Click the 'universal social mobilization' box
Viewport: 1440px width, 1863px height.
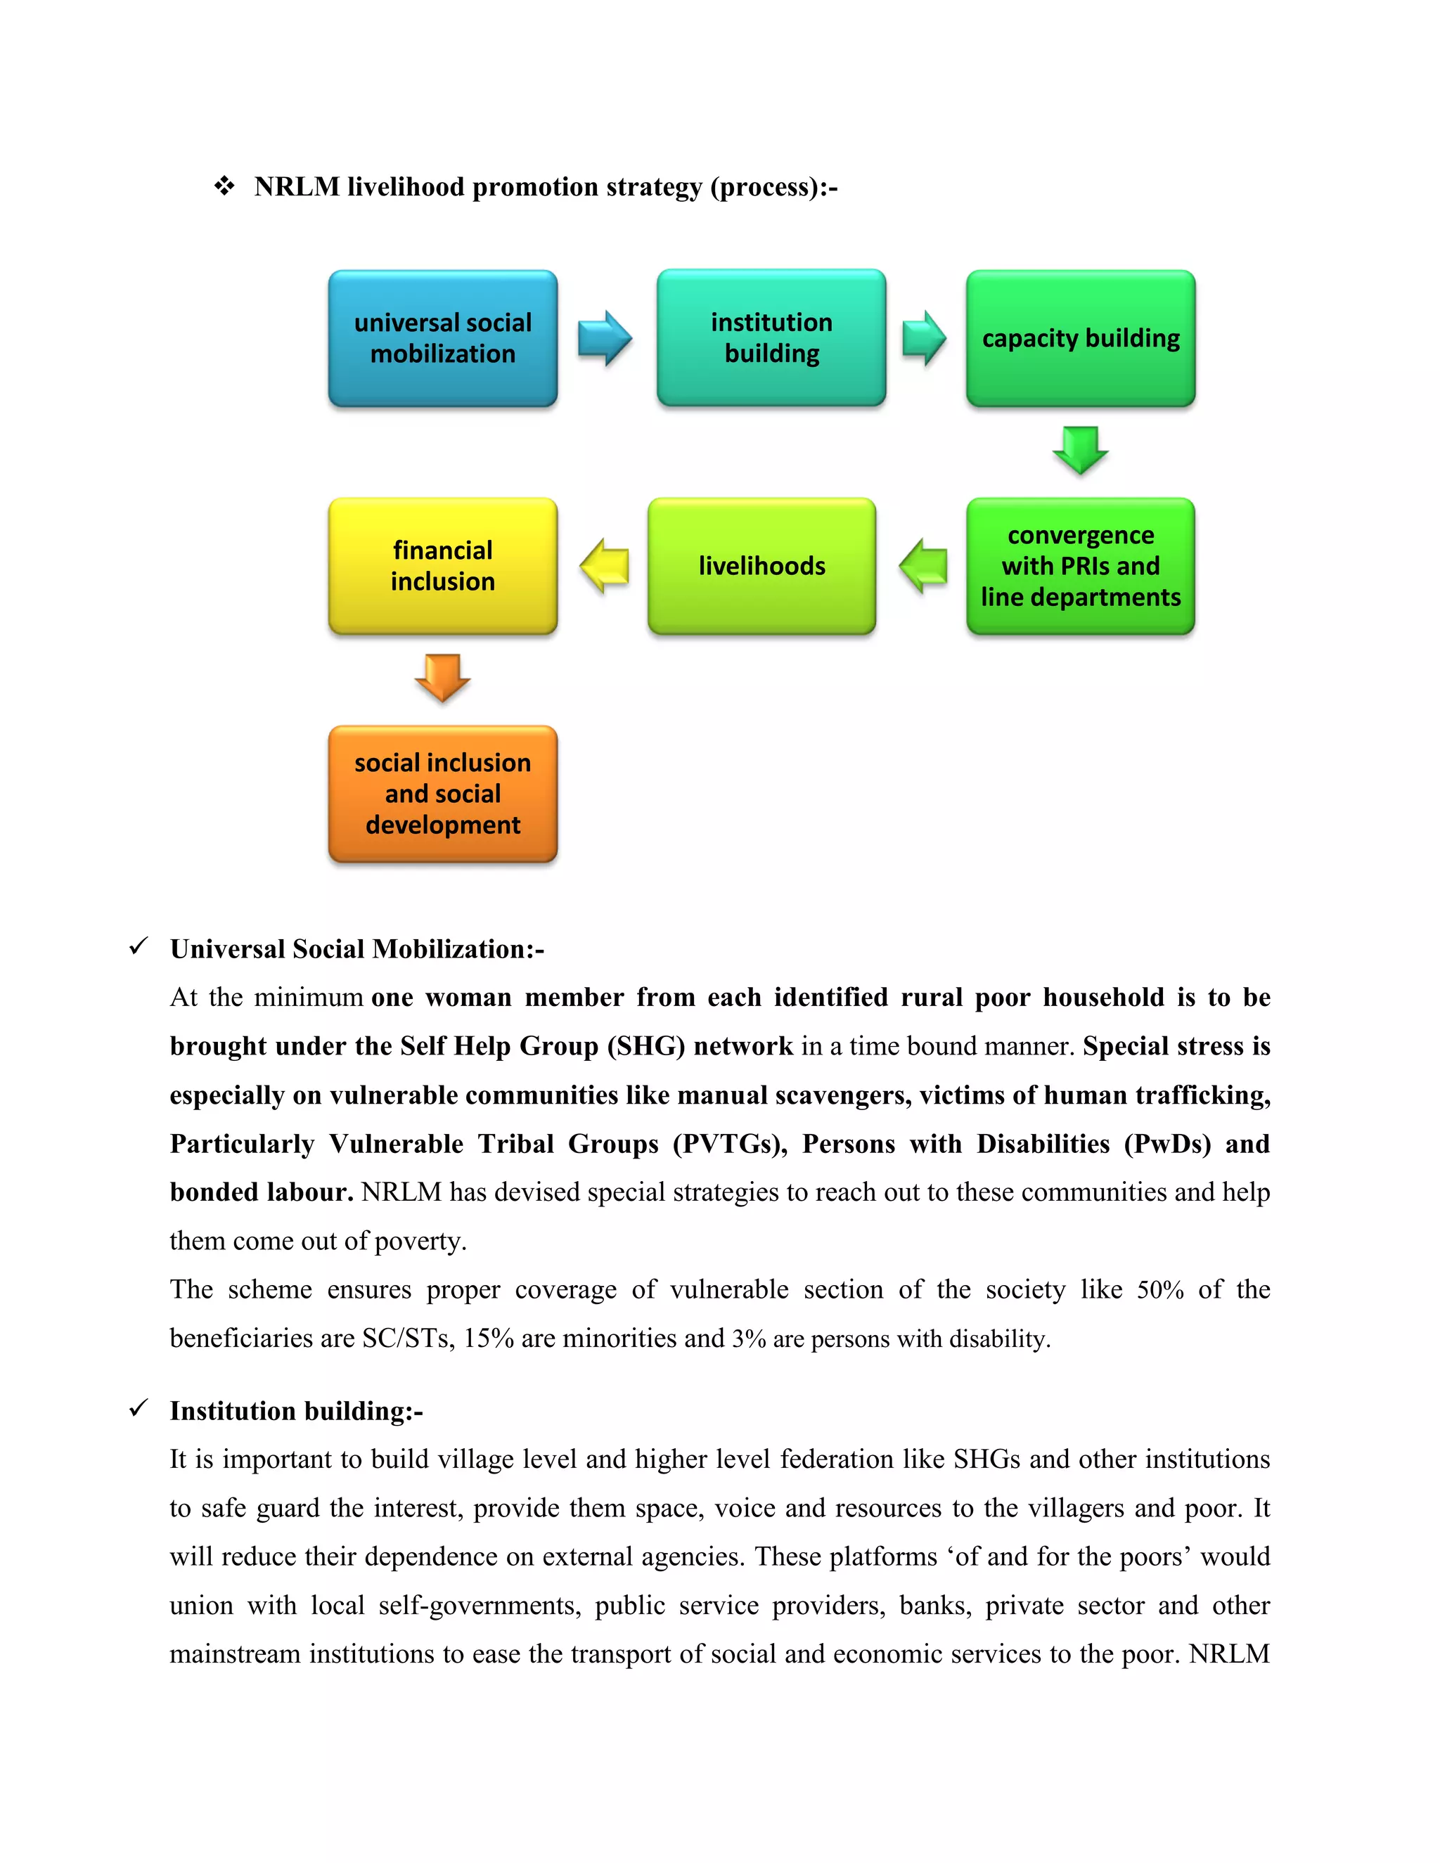pos(443,339)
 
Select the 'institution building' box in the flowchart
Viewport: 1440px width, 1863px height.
pos(771,337)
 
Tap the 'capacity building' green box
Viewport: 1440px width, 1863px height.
pos(1080,339)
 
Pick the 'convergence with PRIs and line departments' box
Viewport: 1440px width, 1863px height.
pos(1080,567)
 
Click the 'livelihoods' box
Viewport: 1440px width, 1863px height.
pos(761,567)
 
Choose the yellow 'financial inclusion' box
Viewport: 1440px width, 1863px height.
pos(443,567)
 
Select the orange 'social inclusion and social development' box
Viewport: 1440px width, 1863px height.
pos(443,794)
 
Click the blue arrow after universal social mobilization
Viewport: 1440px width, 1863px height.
pos(604,339)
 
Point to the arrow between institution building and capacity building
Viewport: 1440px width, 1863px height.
pos(924,339)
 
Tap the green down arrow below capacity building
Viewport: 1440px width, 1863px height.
pos(1080,449)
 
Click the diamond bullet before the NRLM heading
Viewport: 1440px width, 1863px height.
pos(224,186)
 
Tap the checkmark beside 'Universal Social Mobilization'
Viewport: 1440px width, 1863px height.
pos(139,947)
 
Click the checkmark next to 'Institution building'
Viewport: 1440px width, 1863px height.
pos(139,1408)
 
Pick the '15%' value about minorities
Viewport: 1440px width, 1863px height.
pos(488,1339)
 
